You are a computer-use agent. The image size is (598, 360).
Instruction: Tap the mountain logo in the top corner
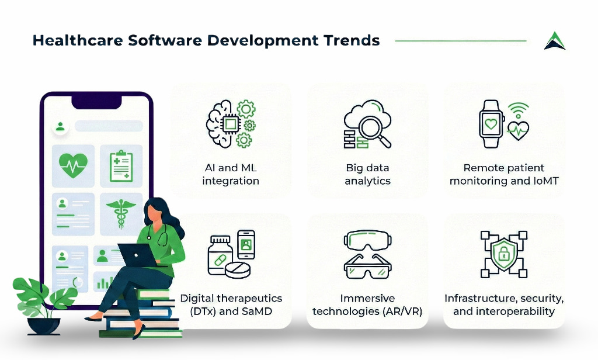[x=554, y=41]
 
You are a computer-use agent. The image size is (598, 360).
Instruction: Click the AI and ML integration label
[x=230, y=174]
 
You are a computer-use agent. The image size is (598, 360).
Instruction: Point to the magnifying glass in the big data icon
[x=372, y=129]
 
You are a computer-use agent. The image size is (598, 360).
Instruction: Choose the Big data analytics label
[x=367, y=174]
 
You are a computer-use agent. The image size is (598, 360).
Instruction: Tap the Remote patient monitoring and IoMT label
[x=504, y=174]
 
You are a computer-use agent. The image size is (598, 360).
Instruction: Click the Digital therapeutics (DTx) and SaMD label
[x=231, y=304]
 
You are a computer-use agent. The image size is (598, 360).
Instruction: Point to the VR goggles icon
[x=367, y=240]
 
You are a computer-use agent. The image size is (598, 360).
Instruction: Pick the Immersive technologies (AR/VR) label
[x=367, y=304]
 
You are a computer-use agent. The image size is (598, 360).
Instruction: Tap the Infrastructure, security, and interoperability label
[x=504, y=304]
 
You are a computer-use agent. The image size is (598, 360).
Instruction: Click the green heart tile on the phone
[x=73, y=165]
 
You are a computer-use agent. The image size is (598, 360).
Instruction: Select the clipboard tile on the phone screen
[x=121, y=165]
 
